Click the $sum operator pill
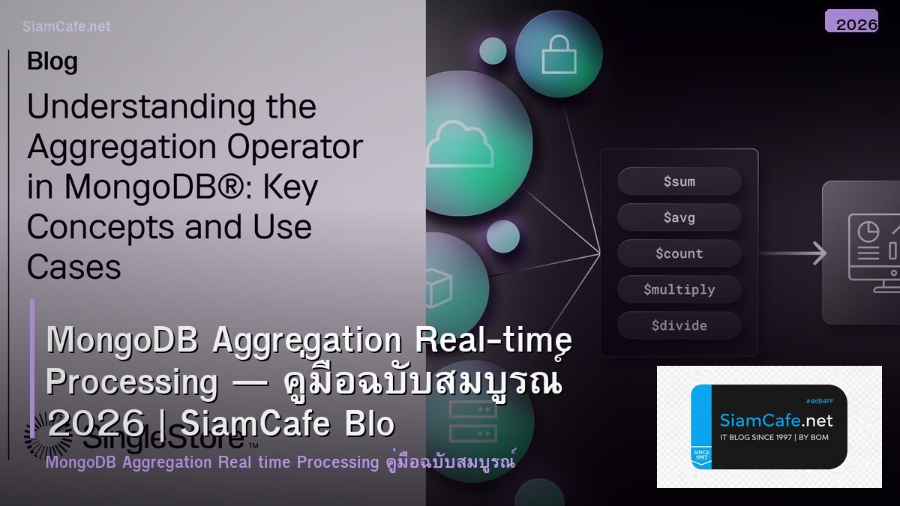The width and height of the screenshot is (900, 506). click(679, 181)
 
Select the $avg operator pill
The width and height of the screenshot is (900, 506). click(679, 217)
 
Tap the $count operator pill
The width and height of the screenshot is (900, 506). click(679, 253)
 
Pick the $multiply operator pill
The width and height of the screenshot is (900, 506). click(679, 289)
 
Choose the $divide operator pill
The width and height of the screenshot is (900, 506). click(679, 325)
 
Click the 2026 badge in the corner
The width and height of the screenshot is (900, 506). click(856, 23)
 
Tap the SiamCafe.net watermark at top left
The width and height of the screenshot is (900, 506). click(67, 26)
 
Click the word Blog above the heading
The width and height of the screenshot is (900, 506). click(52, 61)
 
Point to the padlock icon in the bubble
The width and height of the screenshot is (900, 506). click(558, 54)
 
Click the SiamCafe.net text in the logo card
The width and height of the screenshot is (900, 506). click(775, 420)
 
